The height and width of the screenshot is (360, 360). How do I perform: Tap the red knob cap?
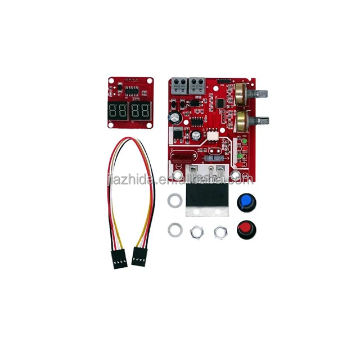point(245,228)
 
